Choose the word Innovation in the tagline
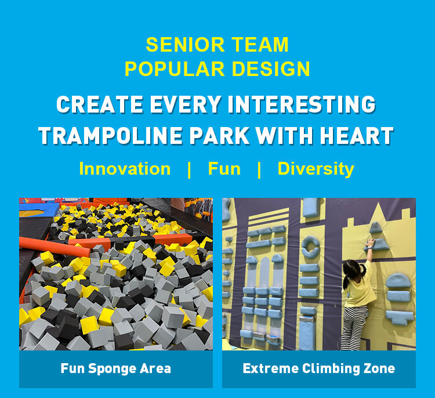point(125,169)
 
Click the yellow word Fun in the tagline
point(224,169)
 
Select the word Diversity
point(316,169)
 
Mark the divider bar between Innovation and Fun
point(189,169)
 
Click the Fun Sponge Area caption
point(115,368)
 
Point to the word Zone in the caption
point(379,368)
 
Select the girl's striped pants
point(355,327)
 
